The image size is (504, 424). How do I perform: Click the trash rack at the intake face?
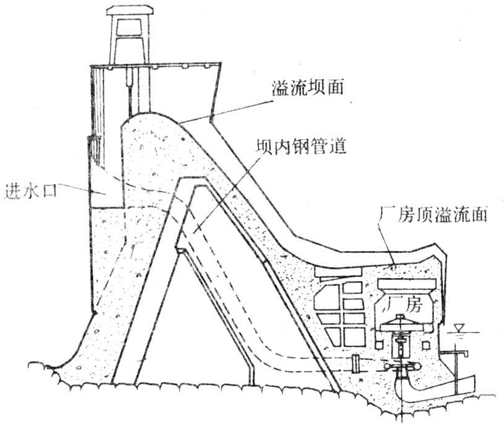(93, 148)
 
